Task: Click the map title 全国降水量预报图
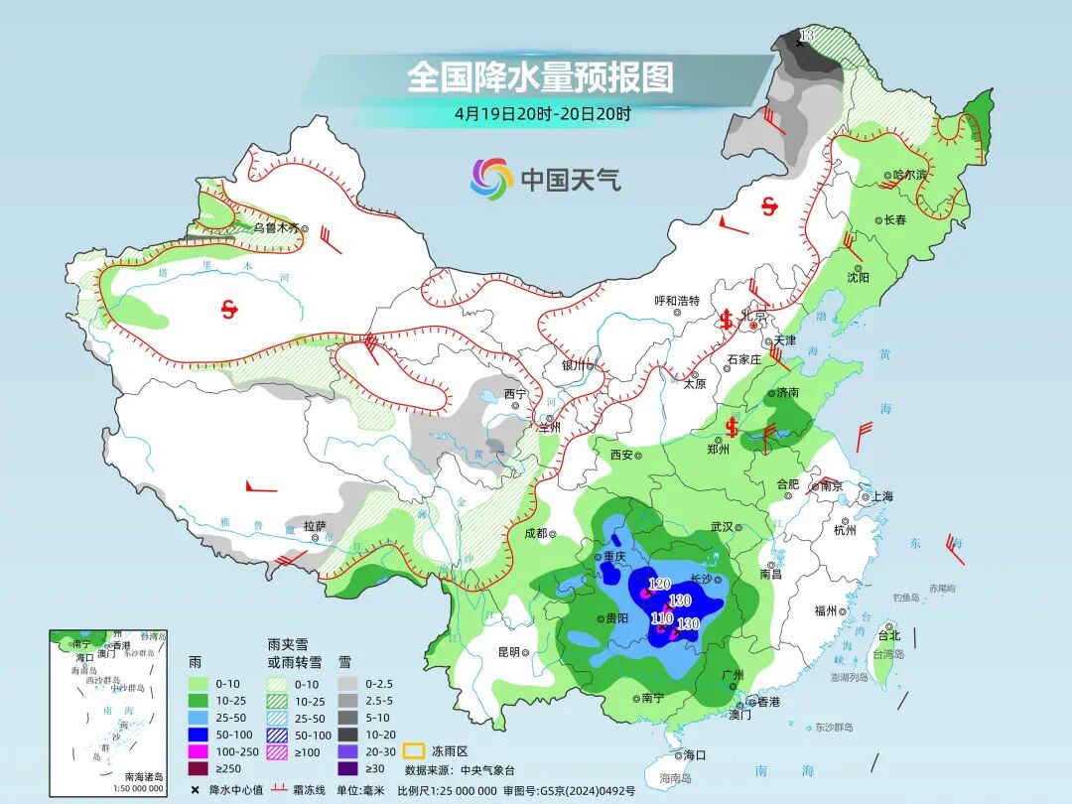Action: (540, 76)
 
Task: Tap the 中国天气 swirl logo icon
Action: (491, 179)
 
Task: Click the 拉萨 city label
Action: (315, 525)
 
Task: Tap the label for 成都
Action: (535, 533)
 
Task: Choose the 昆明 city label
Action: (508, 651)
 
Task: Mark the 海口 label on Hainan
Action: (695, 755)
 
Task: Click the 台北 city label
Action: (888, 635)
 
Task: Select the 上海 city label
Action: (881, 496)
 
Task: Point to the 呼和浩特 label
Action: (677, 301)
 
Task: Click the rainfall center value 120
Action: (659, 584)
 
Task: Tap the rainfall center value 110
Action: (661, 617)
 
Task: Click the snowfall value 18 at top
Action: (806, 36)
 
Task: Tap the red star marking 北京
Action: (753, 325)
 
